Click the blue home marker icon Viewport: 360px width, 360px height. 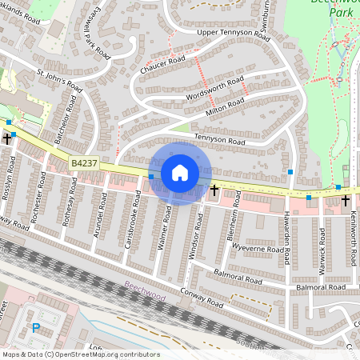tap(180, 172)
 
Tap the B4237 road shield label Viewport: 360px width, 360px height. tap(84, 163)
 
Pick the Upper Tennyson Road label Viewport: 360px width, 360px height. tap(230, 32)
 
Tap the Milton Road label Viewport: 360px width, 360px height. tap(225, 108)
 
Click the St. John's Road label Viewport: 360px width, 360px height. tap(60, 81)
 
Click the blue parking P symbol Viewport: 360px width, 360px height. tap(35, 327)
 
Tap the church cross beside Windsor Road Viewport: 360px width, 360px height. tap(214, 191)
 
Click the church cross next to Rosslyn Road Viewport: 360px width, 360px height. tap(7, 138)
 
